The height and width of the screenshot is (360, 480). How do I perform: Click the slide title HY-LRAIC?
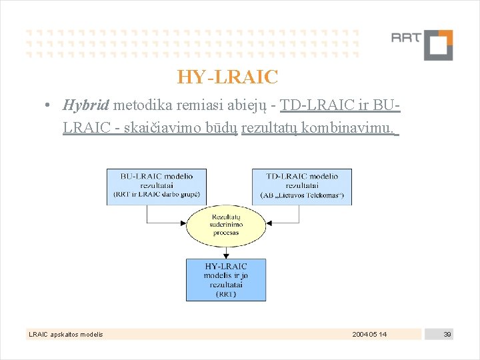pyautogui.click(x=227, y=77)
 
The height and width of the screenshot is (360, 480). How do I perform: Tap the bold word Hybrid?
pyautogui.click(x=87, y=105)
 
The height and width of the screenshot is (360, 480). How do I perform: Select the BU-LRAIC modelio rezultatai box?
pyautogui.click(x=156, y=187)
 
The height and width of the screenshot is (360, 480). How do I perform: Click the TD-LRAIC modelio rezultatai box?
pyautogui.click(x=301, y=187)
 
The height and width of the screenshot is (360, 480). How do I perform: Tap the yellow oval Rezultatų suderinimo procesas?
pyautogui.click(x=227, y=225)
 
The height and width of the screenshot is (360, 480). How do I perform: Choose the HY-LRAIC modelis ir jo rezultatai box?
pyautogui.click(x=226, y=279)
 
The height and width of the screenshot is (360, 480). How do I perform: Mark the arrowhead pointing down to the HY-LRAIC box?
pyautogui.click(x=226, y=255)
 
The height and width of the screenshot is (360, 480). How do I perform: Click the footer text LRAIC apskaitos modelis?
pyautogui.click(x=65, y=334)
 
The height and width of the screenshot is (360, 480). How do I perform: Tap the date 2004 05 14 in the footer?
pyautogui.click(x=369, y=334)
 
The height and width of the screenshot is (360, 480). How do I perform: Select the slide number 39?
pyautogui.click(x=447, y=334)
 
